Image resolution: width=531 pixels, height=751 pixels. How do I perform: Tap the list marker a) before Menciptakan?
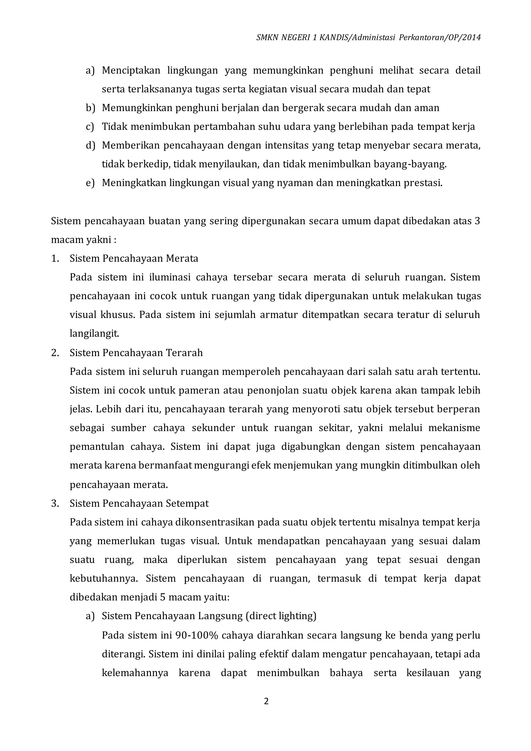click(90, 70)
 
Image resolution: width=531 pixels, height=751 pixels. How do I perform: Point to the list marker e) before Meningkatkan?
click(90, 183)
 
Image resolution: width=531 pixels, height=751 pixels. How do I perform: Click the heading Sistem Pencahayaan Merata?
click(134, 259)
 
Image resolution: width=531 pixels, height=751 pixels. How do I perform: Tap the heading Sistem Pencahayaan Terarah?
click(136, 353)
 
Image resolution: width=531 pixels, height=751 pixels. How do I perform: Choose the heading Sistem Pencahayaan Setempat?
click(139, 503)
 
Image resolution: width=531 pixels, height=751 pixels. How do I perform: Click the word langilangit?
click(94, 334)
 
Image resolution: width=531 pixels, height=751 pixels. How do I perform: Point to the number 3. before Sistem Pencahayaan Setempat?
click(55, 503)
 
